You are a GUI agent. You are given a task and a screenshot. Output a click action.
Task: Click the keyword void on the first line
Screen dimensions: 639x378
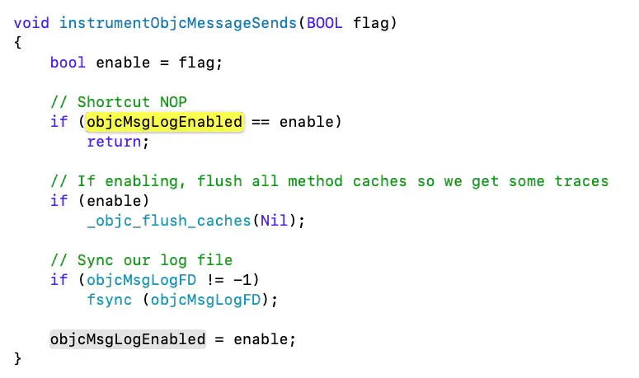coord(32,22)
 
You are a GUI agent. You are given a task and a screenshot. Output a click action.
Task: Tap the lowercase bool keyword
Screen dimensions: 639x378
coord(68,62)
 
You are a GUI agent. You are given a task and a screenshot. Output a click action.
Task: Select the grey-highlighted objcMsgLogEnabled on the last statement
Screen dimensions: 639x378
coord(128,339)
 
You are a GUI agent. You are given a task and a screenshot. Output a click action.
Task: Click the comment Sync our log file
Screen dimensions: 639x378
coord(141,260)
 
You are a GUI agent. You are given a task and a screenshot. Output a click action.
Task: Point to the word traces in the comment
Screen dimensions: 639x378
coord(580,181)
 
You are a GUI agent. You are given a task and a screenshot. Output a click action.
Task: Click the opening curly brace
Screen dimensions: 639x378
coord(18,42)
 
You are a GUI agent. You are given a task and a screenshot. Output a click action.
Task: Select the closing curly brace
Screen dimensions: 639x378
coord(18,359)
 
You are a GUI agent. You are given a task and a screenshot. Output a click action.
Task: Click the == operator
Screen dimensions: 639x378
coord(261,122)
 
